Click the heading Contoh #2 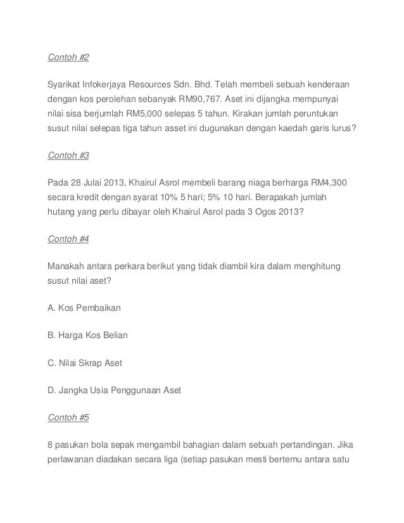(x=69, y=58)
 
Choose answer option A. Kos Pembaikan (x=84, y=308)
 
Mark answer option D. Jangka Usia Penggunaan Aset (x=115, y=391)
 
